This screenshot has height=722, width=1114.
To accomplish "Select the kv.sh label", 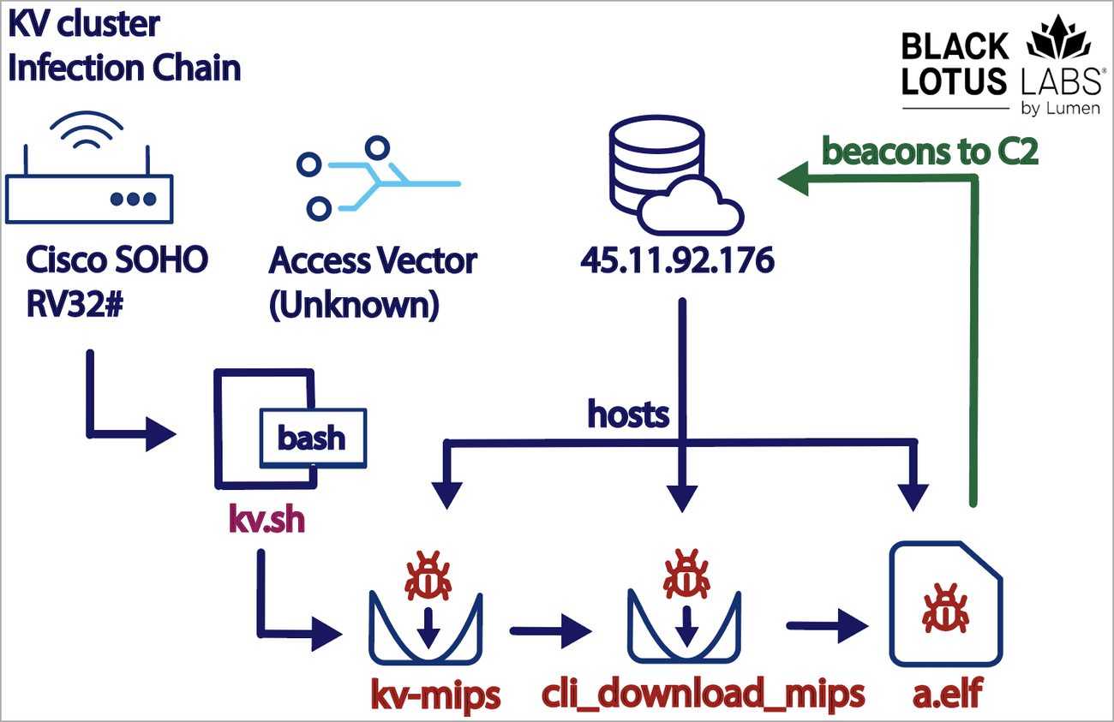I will [x=267, y=520].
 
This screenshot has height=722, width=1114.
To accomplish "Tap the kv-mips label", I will [x=434, y=694].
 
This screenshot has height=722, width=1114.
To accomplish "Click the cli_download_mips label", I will [x=704, y=694].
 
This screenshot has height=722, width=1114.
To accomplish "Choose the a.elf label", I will [x=944, y=694].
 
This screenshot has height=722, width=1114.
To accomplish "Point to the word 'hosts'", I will [x=628, y=415].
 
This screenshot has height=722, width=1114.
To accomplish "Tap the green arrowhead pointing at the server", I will [x=793, y=178].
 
